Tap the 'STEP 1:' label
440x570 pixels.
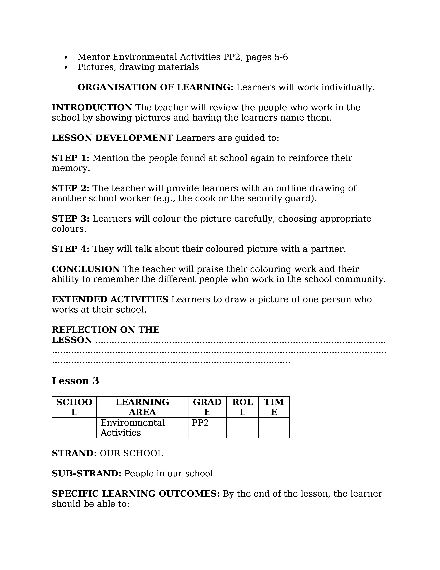pyautogui.click(x=70, y=158)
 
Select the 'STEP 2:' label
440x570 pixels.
pyautogui.click(x=70, y=188)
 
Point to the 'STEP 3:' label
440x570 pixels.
pyautogui.click(x=70, y=219)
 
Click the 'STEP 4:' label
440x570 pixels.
pyautogui.click(x=70, y=249)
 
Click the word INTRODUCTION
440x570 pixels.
pyautogui.click(x=92, y=108)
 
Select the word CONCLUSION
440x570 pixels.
pyautogui.click(x=86, y=269)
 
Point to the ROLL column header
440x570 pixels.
pyautogui.click(x=242, y=407)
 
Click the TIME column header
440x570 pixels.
pyautogui.click(x=274, y=407)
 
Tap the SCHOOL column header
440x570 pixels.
pyautogui.click(x=74, y=407)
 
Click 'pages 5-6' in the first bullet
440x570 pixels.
pyautogui.click(x=267, y=57)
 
